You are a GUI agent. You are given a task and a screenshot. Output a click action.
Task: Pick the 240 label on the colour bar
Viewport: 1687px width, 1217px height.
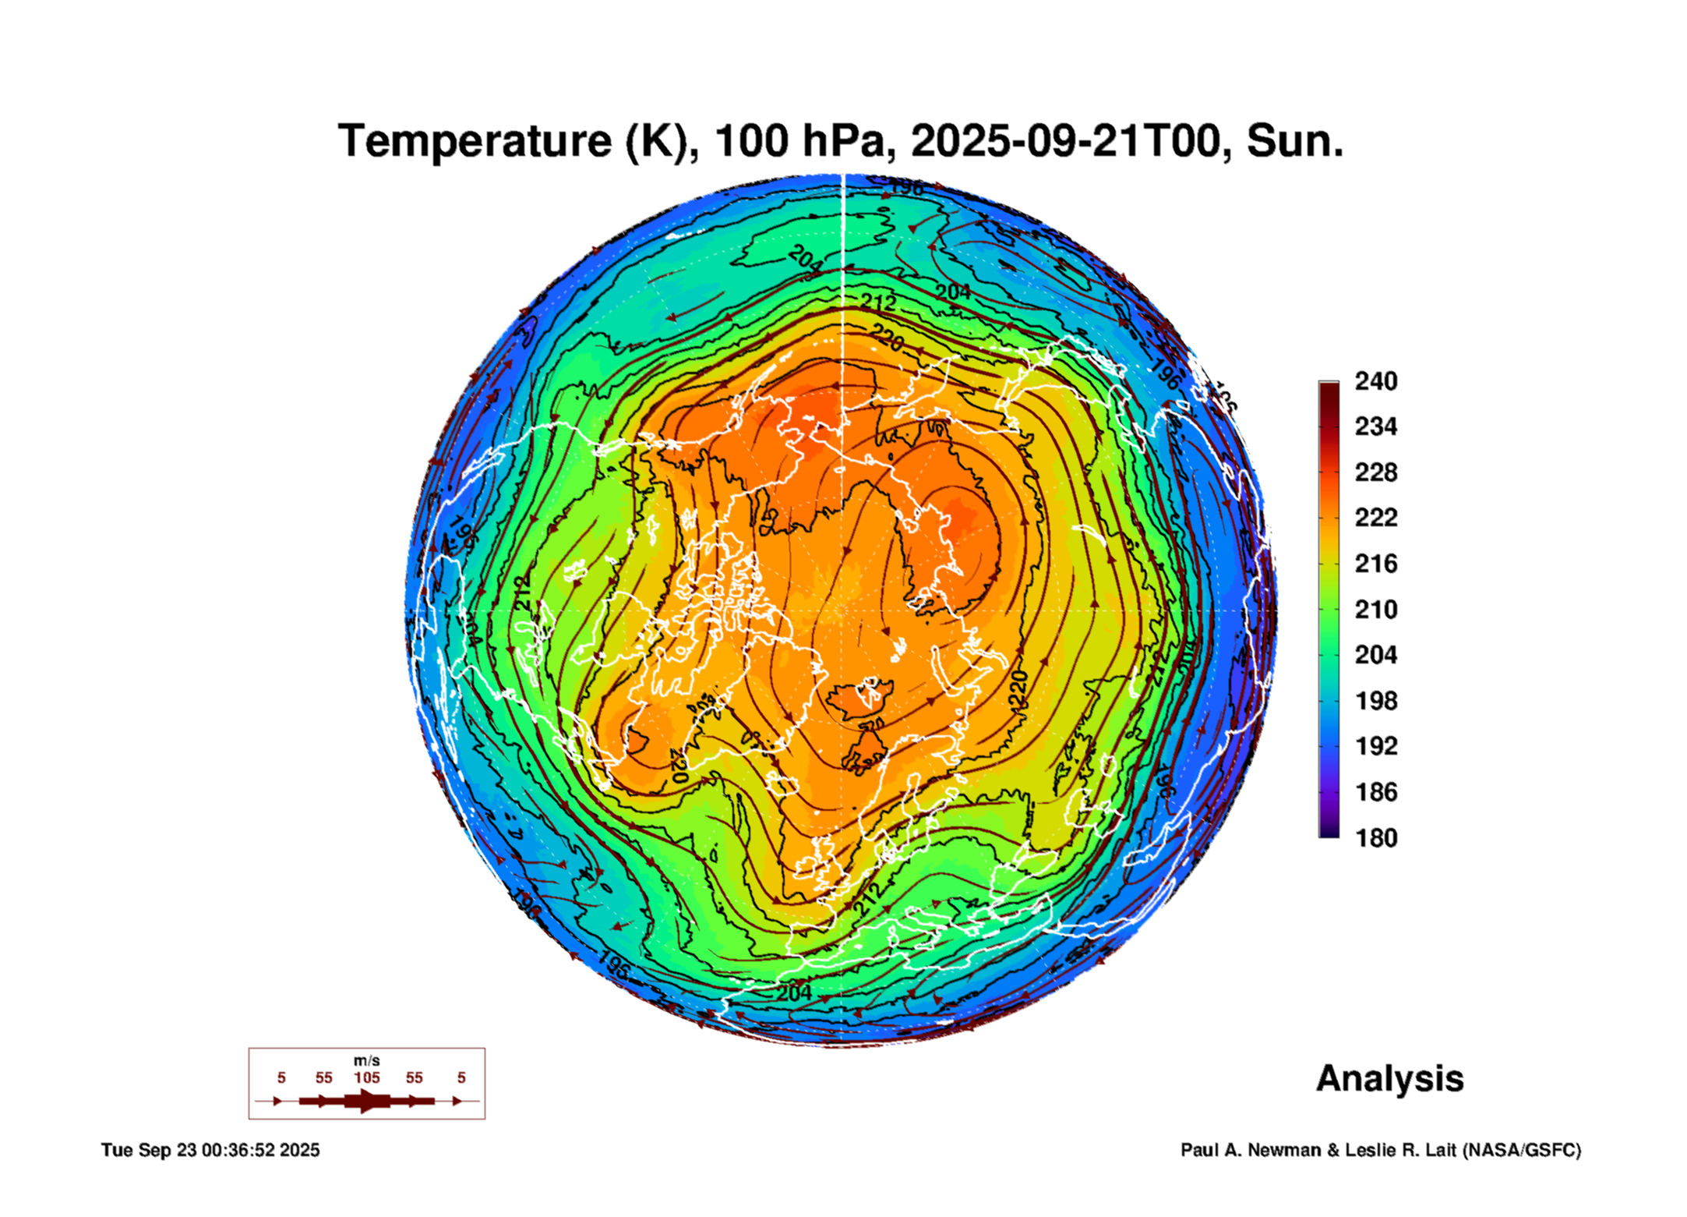(1375, 381)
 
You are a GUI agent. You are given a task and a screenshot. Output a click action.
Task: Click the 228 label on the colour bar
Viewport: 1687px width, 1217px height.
(1375, 472)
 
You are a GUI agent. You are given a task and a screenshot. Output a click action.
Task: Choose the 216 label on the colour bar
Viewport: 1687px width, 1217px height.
(1375, 564)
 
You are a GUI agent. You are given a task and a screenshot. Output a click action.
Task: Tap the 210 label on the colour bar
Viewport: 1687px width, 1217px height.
(1375, 610)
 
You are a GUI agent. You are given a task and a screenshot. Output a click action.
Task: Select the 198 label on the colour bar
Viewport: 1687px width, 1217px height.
(1375, 701)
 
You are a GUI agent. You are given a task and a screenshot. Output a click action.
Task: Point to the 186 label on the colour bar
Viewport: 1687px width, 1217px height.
(1375, 792)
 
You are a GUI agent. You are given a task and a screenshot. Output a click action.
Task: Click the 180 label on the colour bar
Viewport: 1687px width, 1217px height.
(1375, 838)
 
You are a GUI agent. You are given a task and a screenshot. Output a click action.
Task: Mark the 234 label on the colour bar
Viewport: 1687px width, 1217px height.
(1375, 426)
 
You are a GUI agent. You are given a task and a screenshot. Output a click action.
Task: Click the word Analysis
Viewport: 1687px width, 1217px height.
(1389, 1079)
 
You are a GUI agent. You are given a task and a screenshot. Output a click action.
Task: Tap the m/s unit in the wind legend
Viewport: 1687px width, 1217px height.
(367, 1061)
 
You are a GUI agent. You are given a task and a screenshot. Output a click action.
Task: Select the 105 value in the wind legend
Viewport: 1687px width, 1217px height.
(367, 1078)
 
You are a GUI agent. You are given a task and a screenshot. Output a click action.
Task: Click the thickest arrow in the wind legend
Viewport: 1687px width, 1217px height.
(367, 1101)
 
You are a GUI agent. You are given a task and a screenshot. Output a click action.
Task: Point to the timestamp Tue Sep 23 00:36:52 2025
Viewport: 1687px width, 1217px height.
(210, 1151)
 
